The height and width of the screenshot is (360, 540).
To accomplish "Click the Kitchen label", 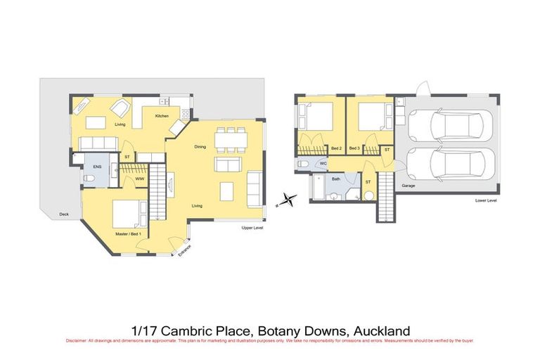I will [x=162, y=115].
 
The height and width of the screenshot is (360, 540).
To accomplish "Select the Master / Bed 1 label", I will [x=129, y=233].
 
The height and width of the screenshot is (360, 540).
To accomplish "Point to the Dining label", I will [x=200, y=147].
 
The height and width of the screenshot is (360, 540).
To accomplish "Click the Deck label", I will [x=64, y=214].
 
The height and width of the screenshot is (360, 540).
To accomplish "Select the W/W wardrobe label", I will [x=140, y=179].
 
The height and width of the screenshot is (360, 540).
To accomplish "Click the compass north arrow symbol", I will [x=285, y=201].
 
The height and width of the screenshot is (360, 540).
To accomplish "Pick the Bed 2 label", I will [x=336, y=148].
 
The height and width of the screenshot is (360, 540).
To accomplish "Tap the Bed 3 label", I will [x=354, y=148].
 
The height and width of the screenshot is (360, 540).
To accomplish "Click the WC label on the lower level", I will [x=323, y=164].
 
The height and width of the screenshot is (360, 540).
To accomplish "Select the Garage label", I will [x=408, y=186].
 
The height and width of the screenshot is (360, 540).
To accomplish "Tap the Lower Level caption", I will [x=486, y=200].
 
